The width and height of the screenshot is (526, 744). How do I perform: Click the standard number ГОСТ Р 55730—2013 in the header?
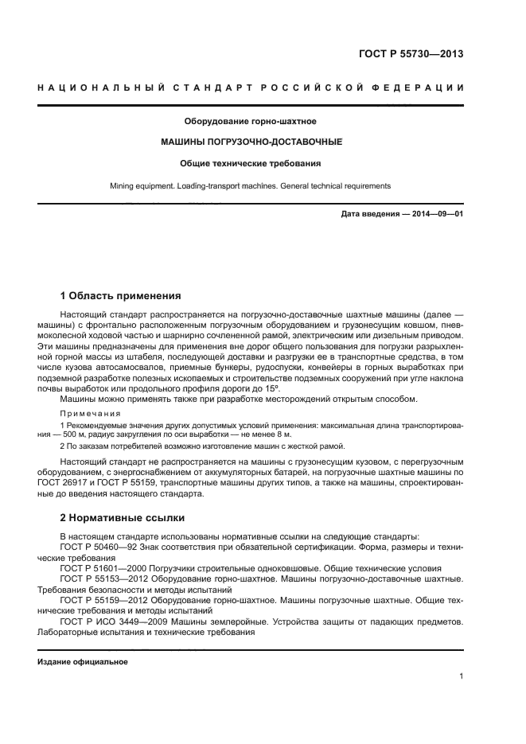(411, 55)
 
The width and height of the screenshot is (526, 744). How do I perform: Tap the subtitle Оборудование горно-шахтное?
(251, 121)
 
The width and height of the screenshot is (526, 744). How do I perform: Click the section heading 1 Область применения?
(120, 294)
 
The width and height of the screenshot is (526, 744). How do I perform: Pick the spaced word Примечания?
(90, 414)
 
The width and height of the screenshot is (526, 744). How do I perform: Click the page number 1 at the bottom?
(461, 676)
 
